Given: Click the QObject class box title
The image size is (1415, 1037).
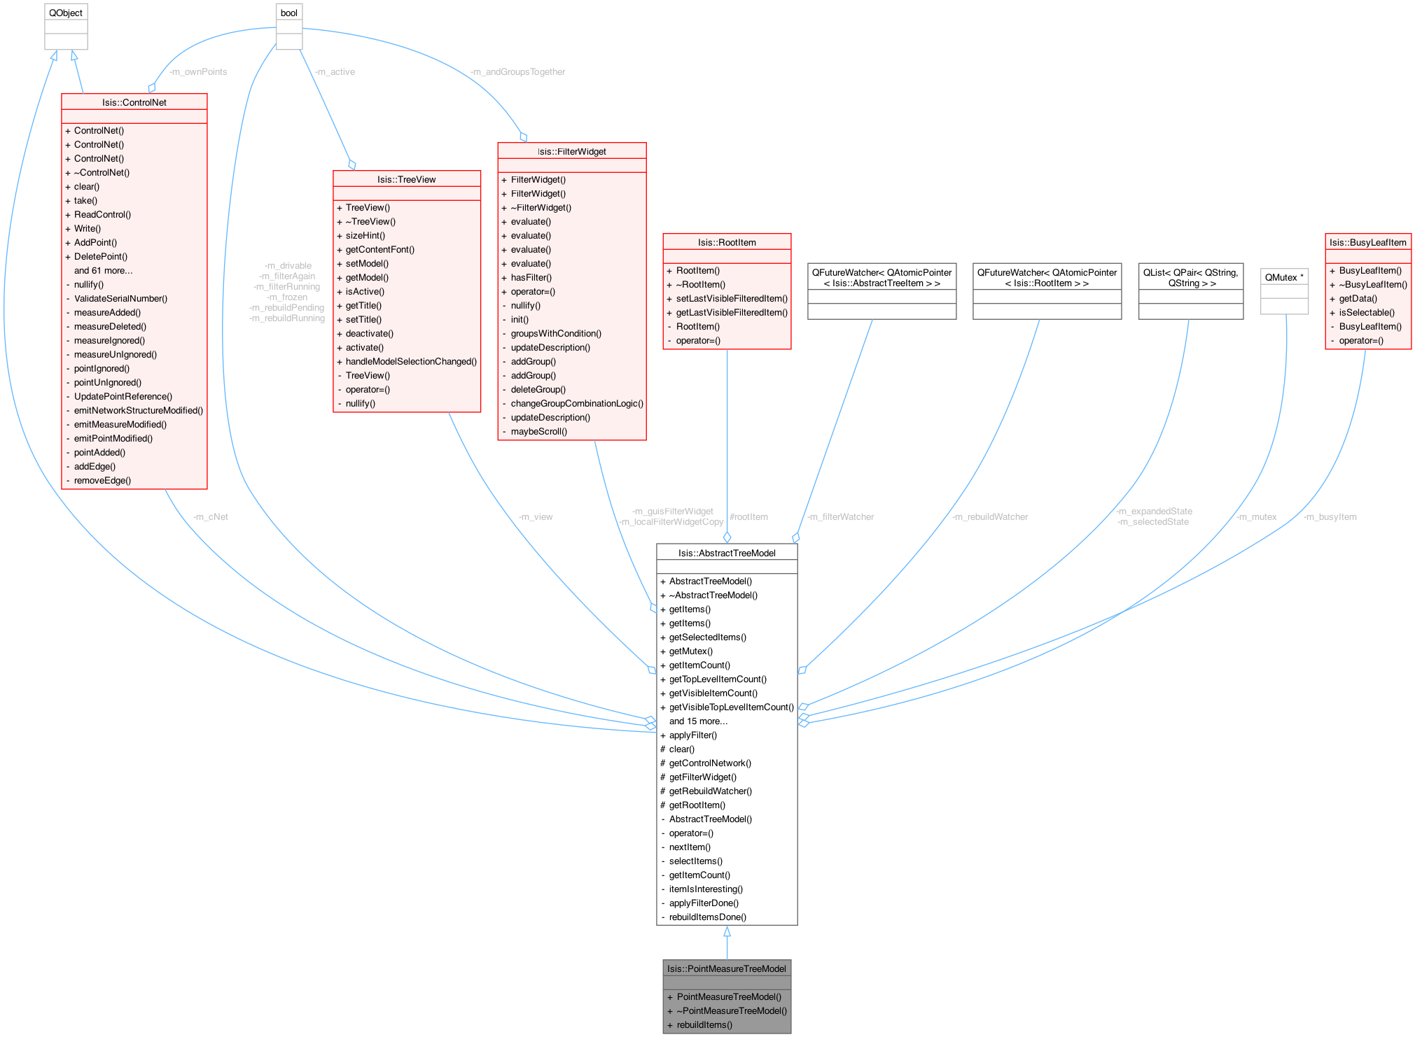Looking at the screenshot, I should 66,13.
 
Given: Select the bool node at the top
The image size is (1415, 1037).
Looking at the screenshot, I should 288,13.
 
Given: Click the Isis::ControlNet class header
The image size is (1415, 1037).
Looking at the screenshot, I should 134,102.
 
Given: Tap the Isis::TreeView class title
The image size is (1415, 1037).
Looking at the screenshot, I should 406,179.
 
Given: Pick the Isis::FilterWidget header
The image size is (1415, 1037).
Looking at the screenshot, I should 571,151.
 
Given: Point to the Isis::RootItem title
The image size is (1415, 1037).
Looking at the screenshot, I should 727,242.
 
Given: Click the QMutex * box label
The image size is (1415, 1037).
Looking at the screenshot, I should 1284,277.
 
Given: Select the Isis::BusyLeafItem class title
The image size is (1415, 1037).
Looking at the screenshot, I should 1367,242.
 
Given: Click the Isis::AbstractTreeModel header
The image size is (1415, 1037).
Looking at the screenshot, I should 727,553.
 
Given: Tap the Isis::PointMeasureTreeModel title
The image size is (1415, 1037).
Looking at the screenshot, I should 727,968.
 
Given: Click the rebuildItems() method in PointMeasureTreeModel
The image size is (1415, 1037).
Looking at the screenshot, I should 704,1024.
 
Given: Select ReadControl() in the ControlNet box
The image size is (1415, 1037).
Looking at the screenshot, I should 102,214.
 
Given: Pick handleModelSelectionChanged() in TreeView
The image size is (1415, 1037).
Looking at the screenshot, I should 411,361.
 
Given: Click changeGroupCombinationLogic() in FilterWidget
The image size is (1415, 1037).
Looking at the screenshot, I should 577,403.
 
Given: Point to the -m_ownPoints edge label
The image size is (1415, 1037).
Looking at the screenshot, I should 198,71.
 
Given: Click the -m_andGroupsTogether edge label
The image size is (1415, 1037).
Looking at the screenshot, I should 517,71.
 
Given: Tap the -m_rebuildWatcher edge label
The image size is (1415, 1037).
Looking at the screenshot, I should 989,516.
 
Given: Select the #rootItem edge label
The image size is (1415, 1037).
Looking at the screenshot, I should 748,516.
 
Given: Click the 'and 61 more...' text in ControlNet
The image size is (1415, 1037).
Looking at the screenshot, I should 103,270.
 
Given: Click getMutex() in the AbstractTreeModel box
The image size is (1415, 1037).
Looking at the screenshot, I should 690,651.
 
